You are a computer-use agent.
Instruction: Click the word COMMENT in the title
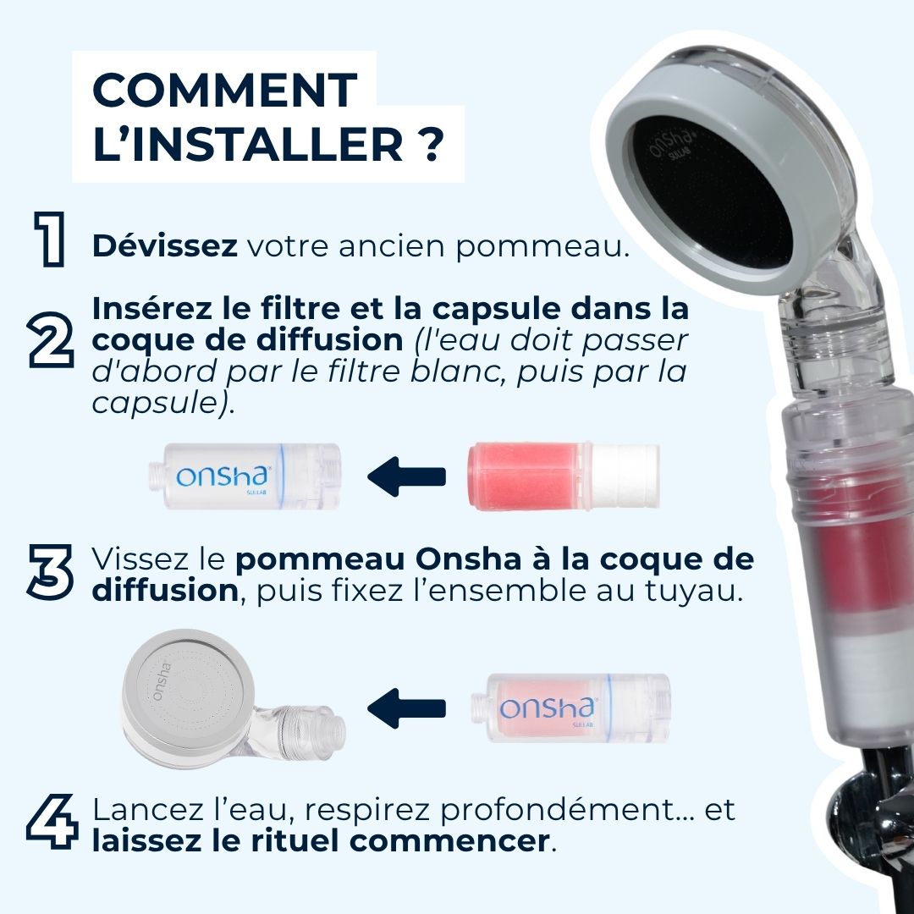click(x=225, y=90)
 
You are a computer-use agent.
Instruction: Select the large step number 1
click(x=50, y=239)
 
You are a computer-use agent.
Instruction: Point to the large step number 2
click(x=52, y=340)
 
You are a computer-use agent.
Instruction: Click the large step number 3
click(x=51, y=572)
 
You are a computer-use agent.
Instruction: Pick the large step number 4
click(x=52, y=822)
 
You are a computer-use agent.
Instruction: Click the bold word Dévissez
click(x=165, y=245)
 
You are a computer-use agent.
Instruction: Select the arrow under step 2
click(x=407, y=476)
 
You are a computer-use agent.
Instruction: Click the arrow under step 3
click(x=407, y=709)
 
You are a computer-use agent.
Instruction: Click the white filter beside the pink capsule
click(x=624, y=476)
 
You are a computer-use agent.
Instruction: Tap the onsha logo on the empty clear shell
click(x=223, y=476)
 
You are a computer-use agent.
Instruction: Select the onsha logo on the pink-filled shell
click(x=547, y=708)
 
